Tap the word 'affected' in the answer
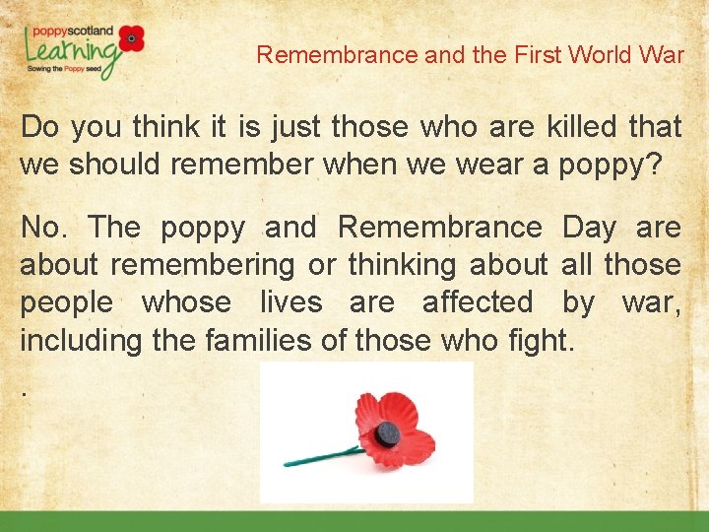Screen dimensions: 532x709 click(478, 302)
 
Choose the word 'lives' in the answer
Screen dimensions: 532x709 click(290, 302)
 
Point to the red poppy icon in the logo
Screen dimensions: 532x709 click(131, 38)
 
